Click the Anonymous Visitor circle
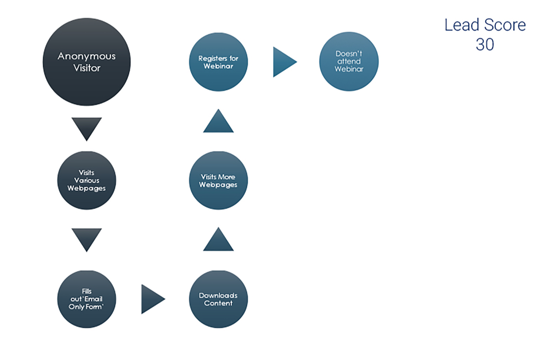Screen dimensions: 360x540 tap(86, 62)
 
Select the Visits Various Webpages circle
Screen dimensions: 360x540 tap(86, 180)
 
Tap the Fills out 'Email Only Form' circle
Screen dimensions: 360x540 tap(86, 299)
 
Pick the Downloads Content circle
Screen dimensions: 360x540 tap(218, 299)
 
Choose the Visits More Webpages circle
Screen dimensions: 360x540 tap(218, 180)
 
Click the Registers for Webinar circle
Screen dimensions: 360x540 tap(218, 62)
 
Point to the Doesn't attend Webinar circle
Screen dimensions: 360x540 tap(349, 62)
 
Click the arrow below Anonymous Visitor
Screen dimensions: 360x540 tap(86, 128)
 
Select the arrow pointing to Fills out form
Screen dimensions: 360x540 tap(86, 239)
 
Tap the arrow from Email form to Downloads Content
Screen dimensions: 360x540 tap(152, 299)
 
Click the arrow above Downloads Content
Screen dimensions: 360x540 tap(218, 240)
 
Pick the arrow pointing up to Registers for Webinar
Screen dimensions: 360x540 tap(218, 122)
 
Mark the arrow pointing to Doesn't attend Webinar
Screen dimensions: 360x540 tap(283, 62)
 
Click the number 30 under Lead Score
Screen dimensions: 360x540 tap(485, 44)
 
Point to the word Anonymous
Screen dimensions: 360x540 tap(86, 57)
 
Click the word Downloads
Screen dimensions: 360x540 tap(218, 295)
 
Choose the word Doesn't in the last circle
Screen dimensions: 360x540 tap(349, 54)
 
